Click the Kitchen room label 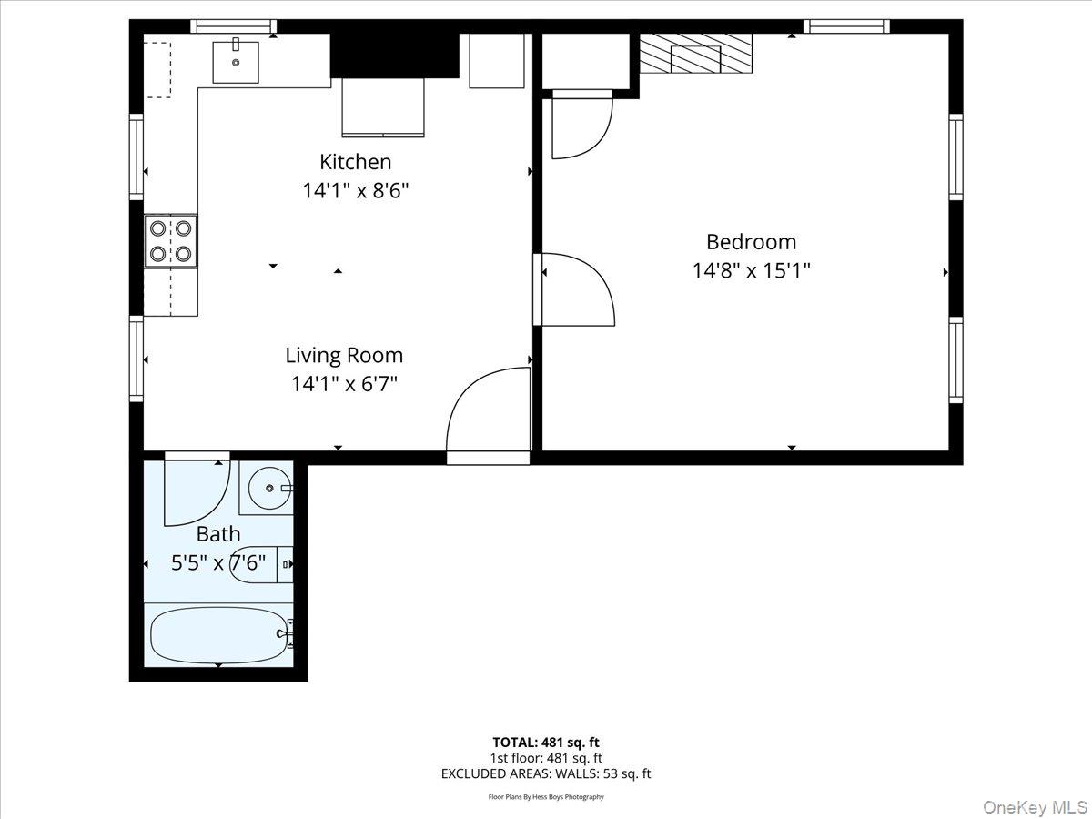(355, 162)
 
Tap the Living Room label (344, 355)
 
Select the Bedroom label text (751, 242)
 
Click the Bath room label (218, 534)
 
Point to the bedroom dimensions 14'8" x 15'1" (751, 270)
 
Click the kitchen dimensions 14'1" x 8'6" (355, 191)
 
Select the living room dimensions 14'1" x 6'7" (344, 383)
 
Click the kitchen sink (236, 61)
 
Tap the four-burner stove (171, 241)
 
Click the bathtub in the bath (218, 635)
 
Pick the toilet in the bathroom (264, 564)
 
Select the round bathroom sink (269, 489)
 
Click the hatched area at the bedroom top (696, 54)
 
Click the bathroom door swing (193, 491)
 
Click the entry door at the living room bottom (488, 409)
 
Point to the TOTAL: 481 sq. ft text (546, 742)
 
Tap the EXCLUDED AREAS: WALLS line (546, 774)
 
